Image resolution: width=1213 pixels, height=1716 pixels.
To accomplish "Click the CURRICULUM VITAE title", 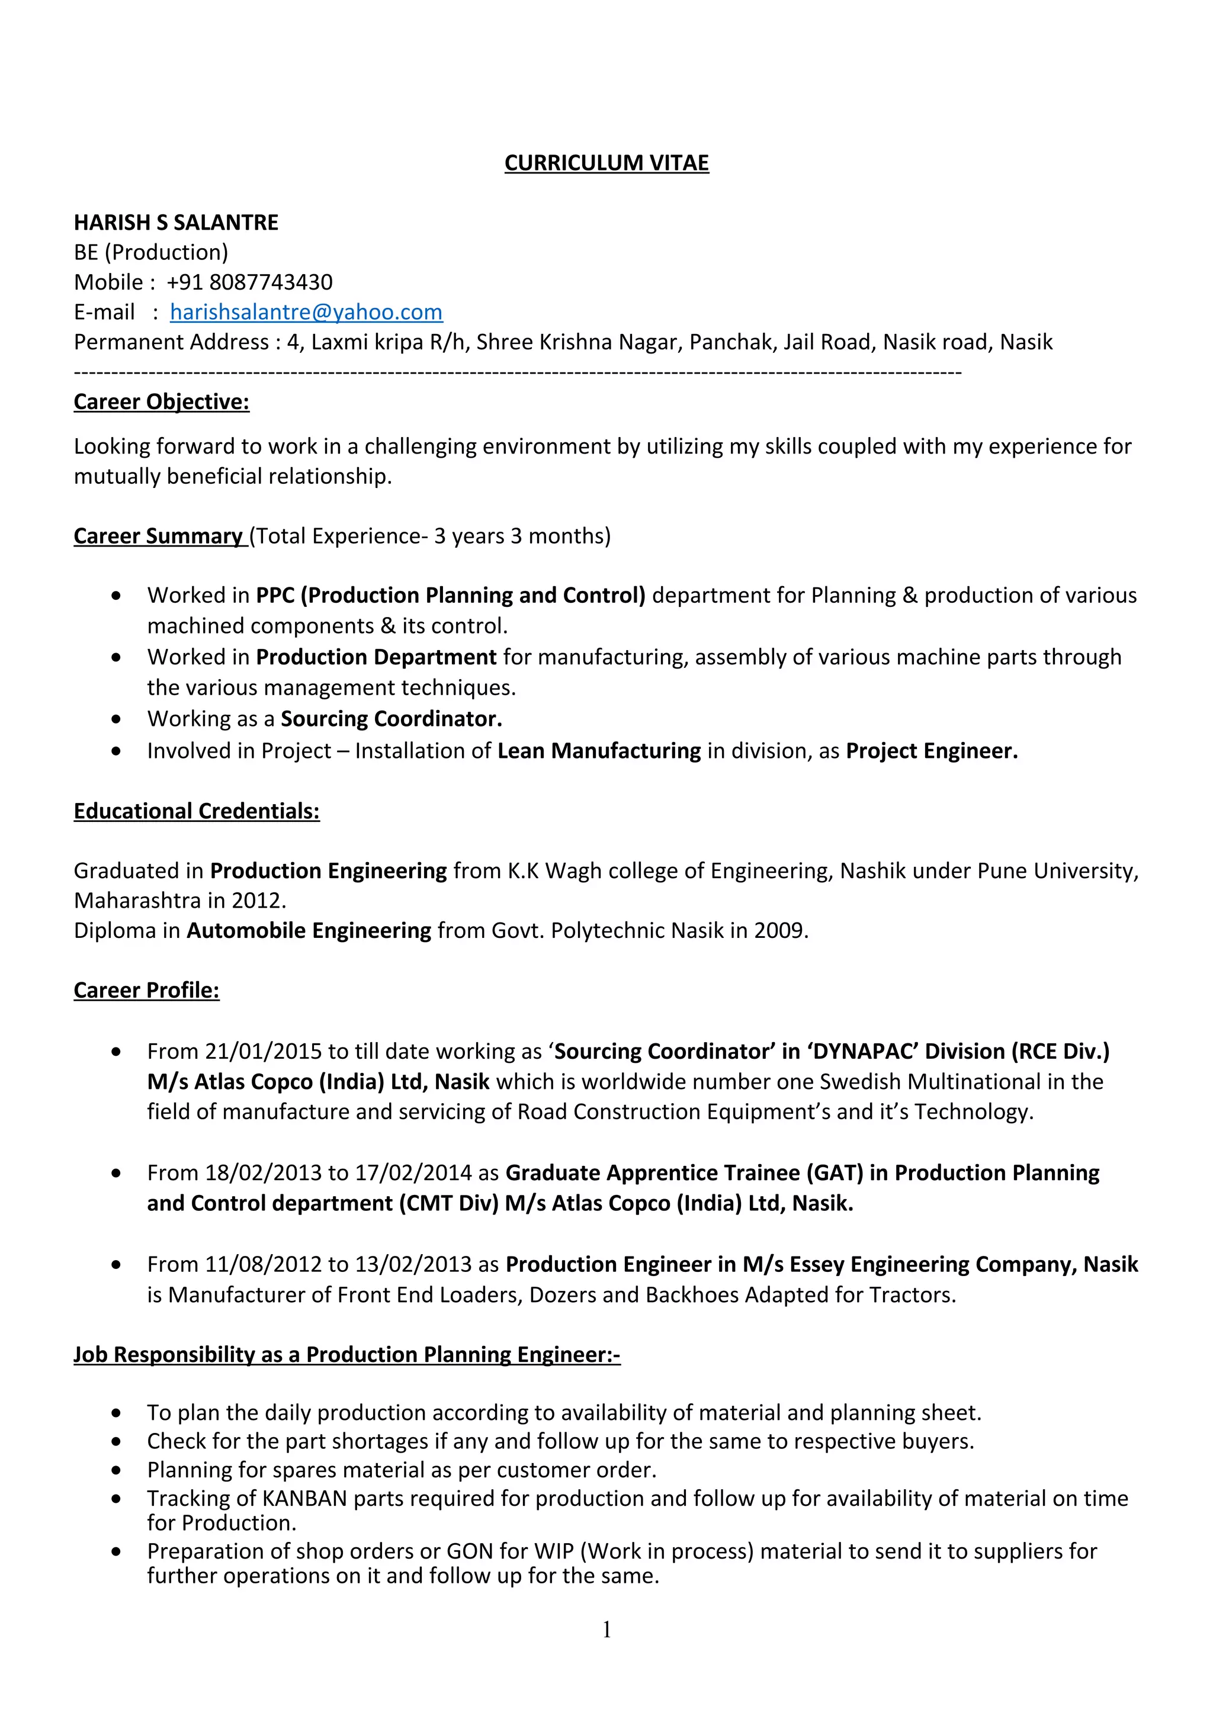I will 606,163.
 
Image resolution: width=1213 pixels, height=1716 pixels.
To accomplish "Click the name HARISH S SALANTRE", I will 176,223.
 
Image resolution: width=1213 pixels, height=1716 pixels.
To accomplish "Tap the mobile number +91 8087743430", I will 249,282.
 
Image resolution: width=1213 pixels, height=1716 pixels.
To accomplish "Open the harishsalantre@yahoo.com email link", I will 306,313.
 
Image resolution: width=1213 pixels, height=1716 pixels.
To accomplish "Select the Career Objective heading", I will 162,402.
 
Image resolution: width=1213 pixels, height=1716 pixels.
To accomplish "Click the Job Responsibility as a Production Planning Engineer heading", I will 347,1354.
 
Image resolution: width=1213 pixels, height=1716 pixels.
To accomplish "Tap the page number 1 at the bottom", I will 606,1630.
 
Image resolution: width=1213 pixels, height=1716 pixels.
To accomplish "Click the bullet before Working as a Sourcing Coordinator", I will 116,719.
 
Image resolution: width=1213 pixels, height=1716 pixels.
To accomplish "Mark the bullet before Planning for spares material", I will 116,1470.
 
